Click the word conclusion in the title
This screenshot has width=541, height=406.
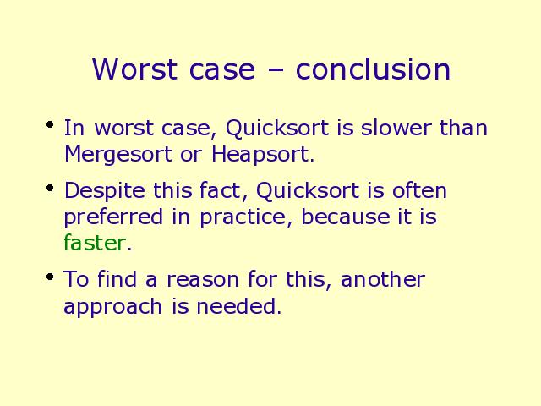point(373,69)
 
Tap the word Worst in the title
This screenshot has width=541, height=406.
point(134,69)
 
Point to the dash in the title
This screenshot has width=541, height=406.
point(276,71)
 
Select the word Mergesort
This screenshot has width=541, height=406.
point(118,155)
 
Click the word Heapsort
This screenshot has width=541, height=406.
point(263,155)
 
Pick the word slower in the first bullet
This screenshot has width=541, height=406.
point(396,128)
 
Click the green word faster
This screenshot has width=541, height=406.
point(94,243)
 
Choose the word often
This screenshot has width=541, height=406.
point(419,190)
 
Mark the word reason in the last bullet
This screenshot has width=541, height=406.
point(203,280)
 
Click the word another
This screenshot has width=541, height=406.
point(383,279)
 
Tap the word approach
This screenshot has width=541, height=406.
point(112,307)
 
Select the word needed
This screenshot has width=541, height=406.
point(238,305)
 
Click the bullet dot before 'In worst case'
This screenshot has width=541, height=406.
point(50,124)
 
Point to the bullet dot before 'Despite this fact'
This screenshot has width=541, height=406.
point(50,188)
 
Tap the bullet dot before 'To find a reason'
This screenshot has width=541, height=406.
point(50,277)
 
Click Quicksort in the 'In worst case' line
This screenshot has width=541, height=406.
point(277,129)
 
